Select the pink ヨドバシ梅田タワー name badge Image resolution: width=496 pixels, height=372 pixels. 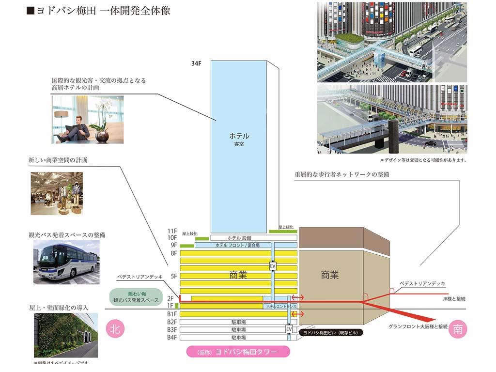(x=238, y=352)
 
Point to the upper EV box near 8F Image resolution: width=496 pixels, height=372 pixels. (x=273, y=266)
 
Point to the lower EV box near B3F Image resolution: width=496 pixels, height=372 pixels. (x=289, y=329)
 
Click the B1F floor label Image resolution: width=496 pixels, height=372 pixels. (x=172, y=314)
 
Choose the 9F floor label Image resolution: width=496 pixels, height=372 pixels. (x=173, y=245)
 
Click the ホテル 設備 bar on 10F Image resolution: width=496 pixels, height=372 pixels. (x=239, y=238)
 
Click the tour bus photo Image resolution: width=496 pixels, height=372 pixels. (x=66, y=262)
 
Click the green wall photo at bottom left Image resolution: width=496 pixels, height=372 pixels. (x=66, y=335)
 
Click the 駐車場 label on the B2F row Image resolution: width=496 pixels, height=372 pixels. (x=239, y=322)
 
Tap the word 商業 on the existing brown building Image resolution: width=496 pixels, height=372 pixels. (x=330, y=275)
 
